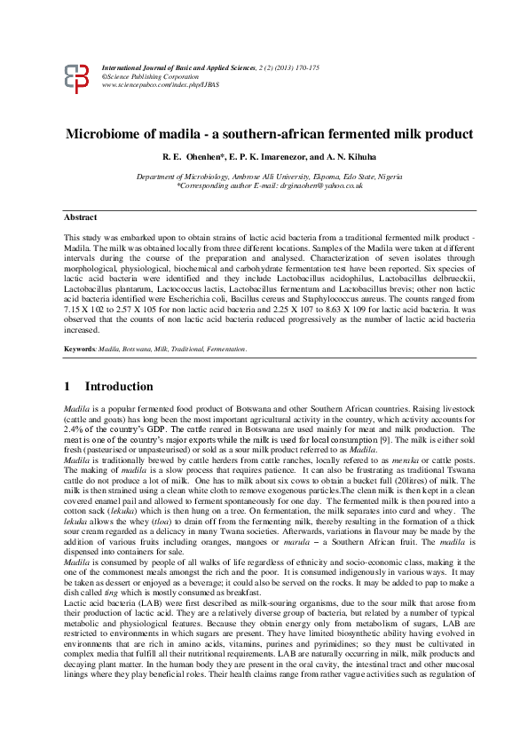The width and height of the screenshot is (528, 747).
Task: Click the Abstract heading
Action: (x=81, y=217)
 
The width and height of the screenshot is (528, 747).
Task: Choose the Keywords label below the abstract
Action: (x=79, y=350)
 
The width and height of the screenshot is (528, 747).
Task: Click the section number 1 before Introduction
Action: (x=67, y=387)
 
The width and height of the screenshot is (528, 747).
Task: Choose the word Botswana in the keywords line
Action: (x=142, y=350)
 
